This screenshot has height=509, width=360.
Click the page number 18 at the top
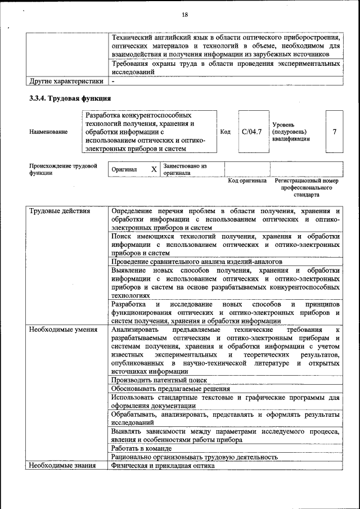click(184, 14)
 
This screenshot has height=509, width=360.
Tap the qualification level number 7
click(335, 132)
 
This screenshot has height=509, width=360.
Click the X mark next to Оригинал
click(154, 169)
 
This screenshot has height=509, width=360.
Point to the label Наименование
click(48, 132)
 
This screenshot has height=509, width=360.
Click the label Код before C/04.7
click(225, 132)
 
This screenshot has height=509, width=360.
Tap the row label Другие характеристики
click(66, 81)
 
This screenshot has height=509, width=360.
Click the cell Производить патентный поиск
click(159, 380)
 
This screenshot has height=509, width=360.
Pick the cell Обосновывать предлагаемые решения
click(170, 389)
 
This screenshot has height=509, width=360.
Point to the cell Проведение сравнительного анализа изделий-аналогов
click(196, 262)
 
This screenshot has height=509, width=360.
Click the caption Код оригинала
click(247, 181)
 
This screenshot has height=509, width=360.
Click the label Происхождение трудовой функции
click(63, 169)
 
